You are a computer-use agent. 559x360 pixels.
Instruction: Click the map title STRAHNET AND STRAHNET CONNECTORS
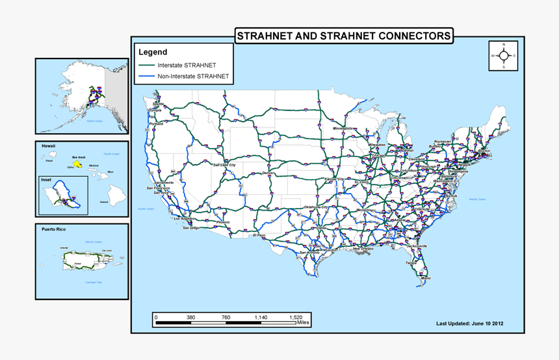pos(343,36)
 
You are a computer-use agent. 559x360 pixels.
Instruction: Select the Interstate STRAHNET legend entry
pos(187,66)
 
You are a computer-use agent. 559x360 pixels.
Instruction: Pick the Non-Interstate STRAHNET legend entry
pos(193,76)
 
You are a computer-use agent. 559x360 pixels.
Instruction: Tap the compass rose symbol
pos(504,55)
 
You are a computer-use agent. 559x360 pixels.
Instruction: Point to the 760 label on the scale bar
pos(226,317)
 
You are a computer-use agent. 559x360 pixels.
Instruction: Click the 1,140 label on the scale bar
pos(261,317)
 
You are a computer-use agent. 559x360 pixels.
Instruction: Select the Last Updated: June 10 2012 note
pos(470,323)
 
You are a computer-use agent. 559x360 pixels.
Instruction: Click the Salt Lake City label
pos(224,165)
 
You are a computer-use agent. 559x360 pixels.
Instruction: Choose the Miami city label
pos(425,278)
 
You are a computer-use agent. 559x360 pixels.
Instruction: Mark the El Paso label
pos(259,235)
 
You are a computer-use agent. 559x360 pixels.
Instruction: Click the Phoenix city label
pos(223,222)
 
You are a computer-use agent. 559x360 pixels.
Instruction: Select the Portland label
pos(156,123)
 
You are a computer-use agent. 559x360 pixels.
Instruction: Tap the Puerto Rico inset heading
pos(54,229)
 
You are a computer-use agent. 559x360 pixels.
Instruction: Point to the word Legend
pos(153,52)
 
